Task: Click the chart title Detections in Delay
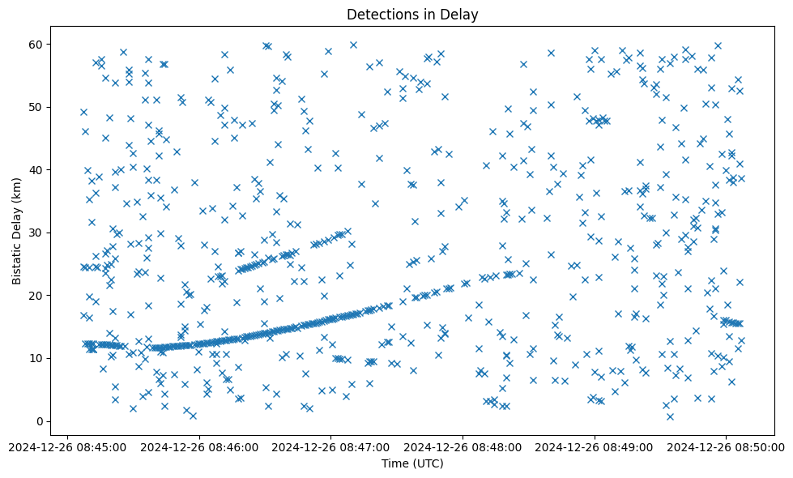click(x=412, y=14)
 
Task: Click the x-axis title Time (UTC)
click(x=412, y=463)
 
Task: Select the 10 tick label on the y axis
click(x=36, y=358)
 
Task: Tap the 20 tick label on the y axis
click(x=36, y=296)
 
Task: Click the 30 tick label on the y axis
click(x=36, y=233)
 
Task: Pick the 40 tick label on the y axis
click(x=36, y=170)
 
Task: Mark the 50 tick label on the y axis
click(x=36, y=107)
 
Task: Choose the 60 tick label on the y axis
click(x=36, y=44)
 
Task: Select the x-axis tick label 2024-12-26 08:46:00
click(x=199, y=446)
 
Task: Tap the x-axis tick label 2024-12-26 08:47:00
click(x=331, y=446)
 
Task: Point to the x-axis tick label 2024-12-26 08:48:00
click(x=463, y=446)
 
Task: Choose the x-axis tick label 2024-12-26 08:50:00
click(x=726, y=446)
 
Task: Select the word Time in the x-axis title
click(x=395, y=463)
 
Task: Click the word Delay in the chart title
click(x=461, y=14)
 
